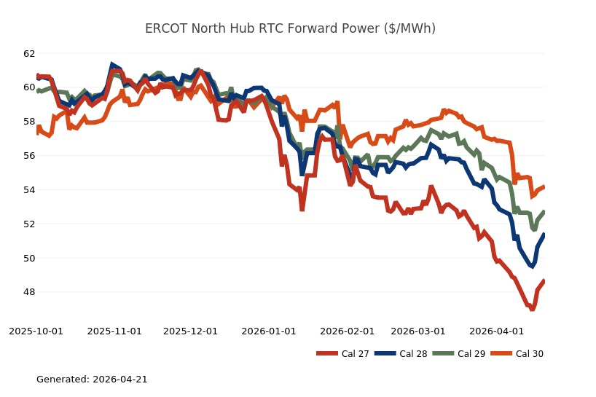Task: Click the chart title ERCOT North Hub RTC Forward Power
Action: (290, 28)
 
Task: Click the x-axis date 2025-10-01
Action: (36, 331)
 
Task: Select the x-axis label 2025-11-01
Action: (114, 331)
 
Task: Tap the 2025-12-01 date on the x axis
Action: (191, 331)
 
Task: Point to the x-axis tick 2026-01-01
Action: (269, 331)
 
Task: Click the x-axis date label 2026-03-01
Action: (418, 331)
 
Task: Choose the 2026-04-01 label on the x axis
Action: (496, 331)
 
